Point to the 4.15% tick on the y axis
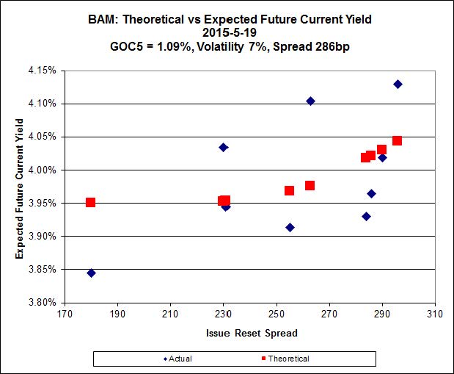click(x=45, y=71)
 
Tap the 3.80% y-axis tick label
click(x=45, y=302)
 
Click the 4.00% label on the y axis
click(x=45, y=170)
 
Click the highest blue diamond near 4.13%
click(x=398, y=84)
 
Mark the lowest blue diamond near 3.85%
click(x=91, y=273)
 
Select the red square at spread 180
click(x=91, y=202)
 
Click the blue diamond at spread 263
click(x=310, y=101)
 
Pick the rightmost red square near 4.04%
click(x=397, y=140)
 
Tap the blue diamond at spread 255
click(x=290, y=227)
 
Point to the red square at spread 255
click(x=290, y=190)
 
